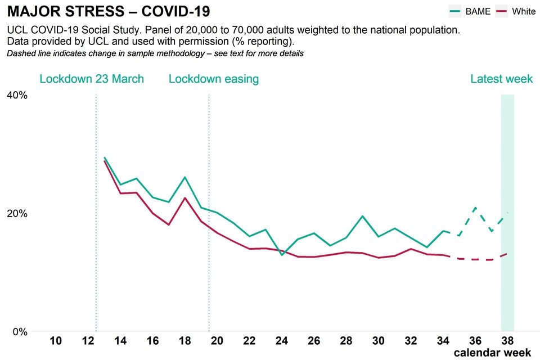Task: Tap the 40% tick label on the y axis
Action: tap(17, 94)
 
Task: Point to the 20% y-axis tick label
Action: tap(17, 213)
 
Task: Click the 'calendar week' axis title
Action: tap(493, 353)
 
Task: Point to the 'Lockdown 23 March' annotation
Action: tap(92, 79)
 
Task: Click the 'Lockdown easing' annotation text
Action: tap(214, 79)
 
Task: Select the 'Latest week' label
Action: tap(501, 79)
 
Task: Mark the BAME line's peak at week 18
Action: tap(185, 177)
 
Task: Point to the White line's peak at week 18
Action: tap(185, 198)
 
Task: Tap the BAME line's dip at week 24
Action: tap(282, 255)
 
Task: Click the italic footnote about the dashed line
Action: tap(155, 54)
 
